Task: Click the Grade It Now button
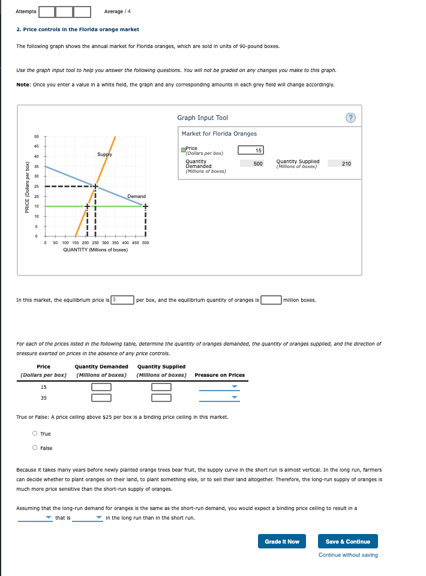point(282,541)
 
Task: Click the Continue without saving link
point(348,555)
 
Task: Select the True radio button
point(35,434)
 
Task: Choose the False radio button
point(35,448)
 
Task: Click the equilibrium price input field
point(125,299)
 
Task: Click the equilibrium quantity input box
point(271,299)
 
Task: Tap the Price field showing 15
point(251,150)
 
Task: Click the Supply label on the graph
point(104,155)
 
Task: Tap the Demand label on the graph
point(136,196)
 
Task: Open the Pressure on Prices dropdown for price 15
point(219,386)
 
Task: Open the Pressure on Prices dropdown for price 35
point(219,397)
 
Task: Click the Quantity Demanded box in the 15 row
point(101,386)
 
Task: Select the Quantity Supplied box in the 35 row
point(161,397)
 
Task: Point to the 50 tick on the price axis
point(36,137)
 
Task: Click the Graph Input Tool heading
point(202,118)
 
